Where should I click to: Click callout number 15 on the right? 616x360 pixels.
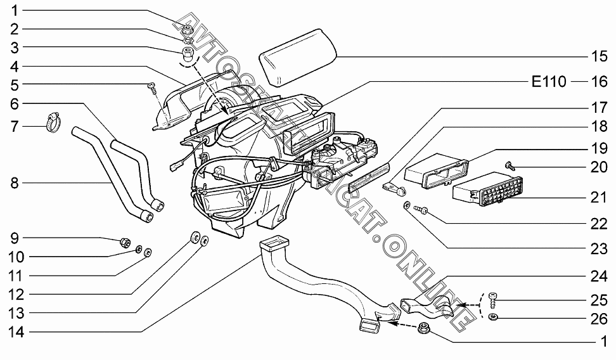click(599, 56)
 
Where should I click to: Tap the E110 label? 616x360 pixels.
click(549, 82)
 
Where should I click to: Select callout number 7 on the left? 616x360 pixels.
click(14, 127)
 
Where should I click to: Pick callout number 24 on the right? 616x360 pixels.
click(599, 276)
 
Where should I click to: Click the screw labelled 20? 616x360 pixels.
click(509, 166)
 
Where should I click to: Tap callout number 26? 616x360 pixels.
click(599, 318)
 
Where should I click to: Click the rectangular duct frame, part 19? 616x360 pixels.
click(436, 170)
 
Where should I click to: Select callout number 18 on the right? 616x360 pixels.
click(599, 126)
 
